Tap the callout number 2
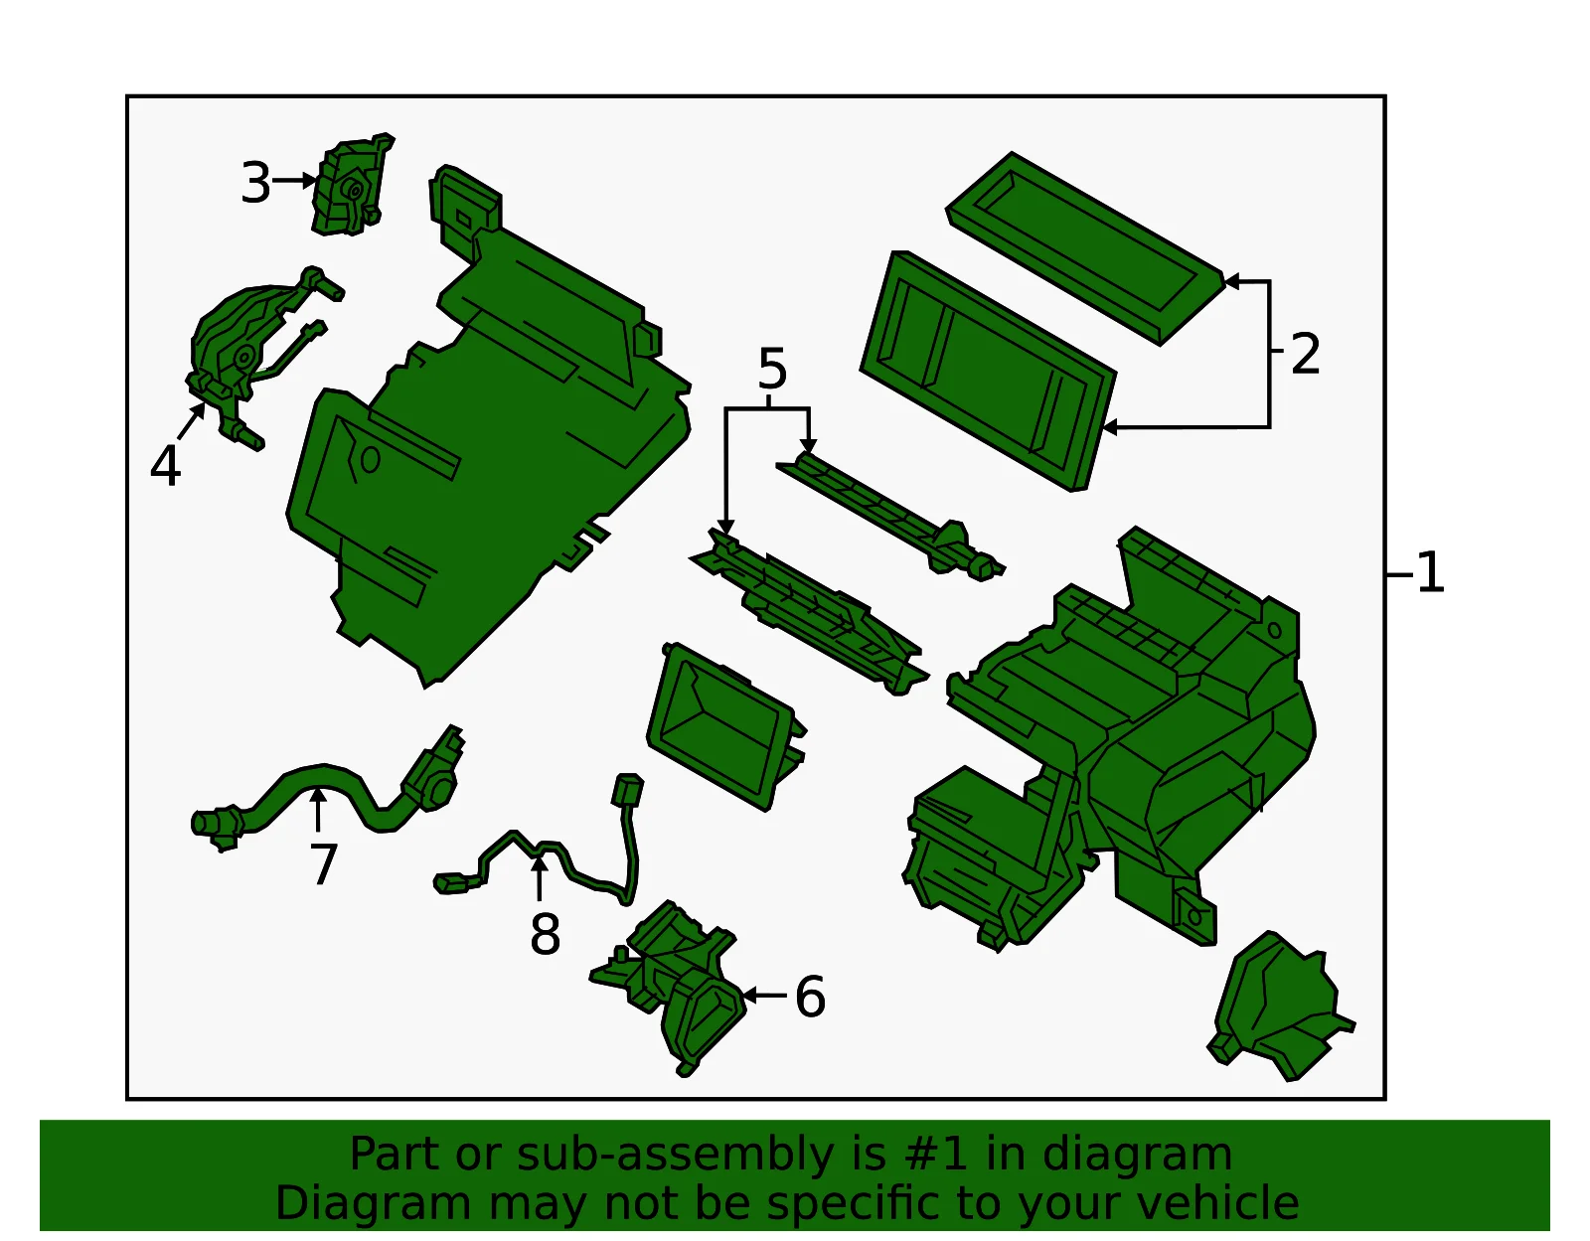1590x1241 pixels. [1306, 354]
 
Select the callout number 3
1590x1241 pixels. [256, 183]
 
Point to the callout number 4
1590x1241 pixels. [165, 466]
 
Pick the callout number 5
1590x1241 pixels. [773, 369]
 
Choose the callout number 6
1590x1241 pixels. [810, 997]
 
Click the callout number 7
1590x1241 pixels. [323, 863]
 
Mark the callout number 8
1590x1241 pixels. [546, 934]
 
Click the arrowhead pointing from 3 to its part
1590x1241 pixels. [310, 180]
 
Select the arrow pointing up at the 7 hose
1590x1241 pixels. [318, 810]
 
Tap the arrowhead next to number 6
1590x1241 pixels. [749, 996]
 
